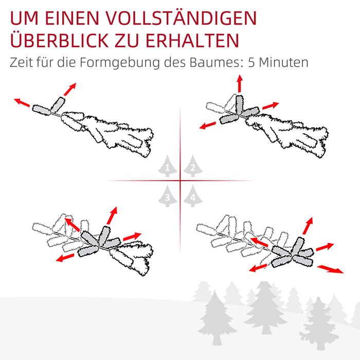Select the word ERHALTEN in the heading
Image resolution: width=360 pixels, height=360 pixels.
192,41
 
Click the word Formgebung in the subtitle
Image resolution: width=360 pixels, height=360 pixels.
119,63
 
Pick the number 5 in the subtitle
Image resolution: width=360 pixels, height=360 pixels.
251,62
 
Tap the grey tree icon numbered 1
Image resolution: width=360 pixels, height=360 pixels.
168,166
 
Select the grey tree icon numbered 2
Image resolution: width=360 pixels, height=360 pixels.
193,166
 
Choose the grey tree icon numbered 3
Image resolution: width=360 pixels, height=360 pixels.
168,196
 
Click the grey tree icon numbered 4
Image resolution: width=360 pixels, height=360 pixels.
193,196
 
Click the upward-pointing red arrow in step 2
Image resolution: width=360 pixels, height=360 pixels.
240,83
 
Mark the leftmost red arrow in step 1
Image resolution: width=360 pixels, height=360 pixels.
22,102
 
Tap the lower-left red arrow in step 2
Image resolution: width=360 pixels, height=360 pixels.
208,125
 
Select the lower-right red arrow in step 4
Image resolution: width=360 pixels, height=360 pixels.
330,269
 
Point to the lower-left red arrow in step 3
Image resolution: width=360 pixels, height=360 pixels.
65,258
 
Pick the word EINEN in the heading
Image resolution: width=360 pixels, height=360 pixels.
71,18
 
